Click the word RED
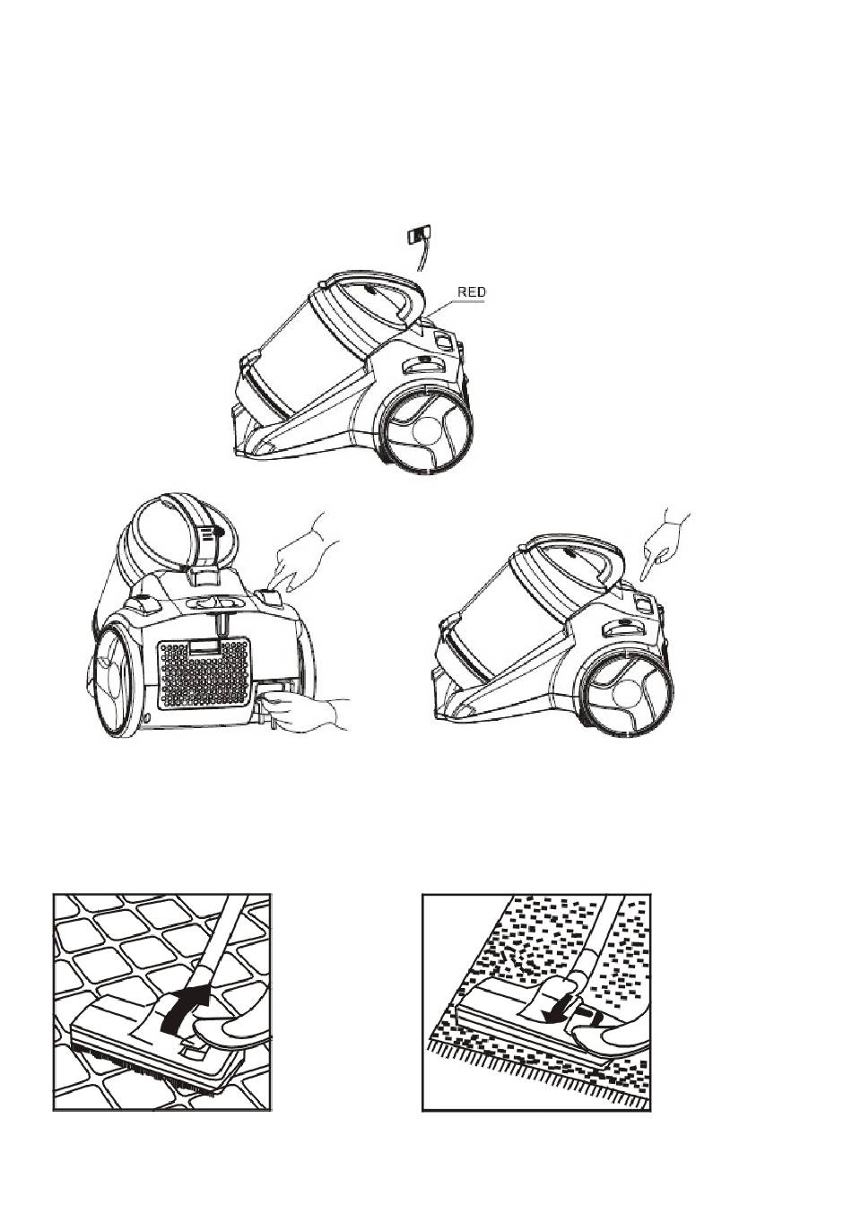472,292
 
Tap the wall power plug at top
417,235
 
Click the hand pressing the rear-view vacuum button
302,554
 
